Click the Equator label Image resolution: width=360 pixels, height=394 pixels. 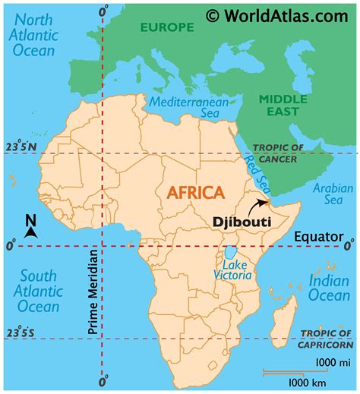click(318, 236)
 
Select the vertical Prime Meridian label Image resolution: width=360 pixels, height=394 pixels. click(90, 304)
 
